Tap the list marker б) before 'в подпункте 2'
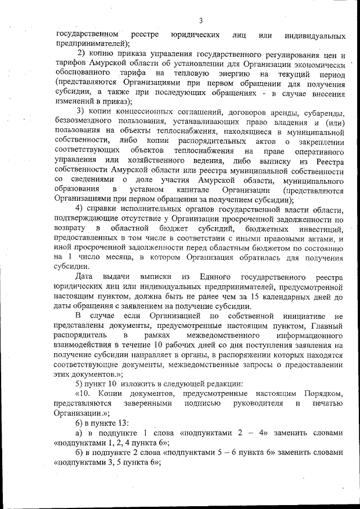(79, 453)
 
